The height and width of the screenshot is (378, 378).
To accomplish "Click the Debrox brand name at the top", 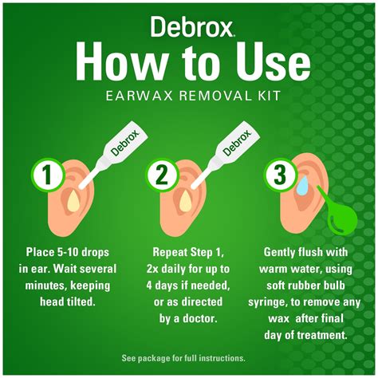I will coord(188,26).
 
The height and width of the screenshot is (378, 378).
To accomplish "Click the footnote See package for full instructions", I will coord(188,356).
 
